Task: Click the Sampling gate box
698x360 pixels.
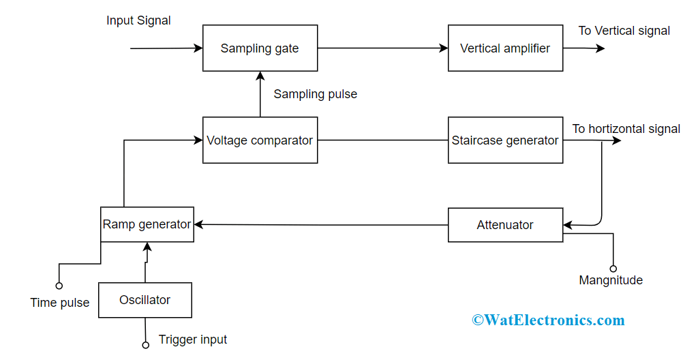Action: [260, 48]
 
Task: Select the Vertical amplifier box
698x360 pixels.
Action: [505, 48]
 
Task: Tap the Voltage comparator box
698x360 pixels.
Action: [260, 140]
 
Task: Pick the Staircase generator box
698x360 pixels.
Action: [505, 140]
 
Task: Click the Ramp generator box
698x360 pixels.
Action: [147, 224]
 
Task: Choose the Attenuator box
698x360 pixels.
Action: [505, 225]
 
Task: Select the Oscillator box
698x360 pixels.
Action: [145, 300]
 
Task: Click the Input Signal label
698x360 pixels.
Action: [138, 20]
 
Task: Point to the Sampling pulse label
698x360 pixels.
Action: [315, 94]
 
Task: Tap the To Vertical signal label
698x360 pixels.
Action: [624, 31]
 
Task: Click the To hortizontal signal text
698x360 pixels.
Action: [626, 129]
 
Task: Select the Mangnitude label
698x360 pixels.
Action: [610, 280]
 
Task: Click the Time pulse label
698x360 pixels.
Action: [60, 303]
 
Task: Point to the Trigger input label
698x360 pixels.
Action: [193, 340]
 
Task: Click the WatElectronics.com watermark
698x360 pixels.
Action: [548, 320]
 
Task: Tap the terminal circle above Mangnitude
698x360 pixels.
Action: [613, 269]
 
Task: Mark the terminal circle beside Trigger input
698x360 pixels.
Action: [145, 345]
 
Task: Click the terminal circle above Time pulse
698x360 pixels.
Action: [59, 286]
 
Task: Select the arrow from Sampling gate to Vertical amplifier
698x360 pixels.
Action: [382, 48]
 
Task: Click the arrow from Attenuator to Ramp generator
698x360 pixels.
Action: [320, 224]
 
